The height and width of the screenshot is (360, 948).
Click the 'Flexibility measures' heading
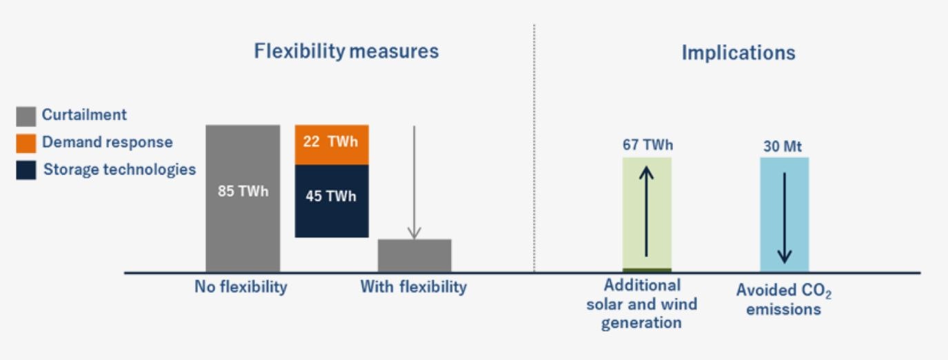coord(346,51)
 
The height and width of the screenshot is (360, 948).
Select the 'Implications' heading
coord(738,53)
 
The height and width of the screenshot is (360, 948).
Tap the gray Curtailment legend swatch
coord(26,117)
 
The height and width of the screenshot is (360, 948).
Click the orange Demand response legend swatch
coord(26,143)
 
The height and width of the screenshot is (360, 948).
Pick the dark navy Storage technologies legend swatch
coord(26,170)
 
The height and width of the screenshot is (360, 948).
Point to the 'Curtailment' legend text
coord(84,114)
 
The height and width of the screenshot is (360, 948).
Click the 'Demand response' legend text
coord(108,142)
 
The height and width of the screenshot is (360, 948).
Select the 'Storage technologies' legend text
coord(120,170)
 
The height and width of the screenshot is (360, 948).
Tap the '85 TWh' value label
coord(243,191)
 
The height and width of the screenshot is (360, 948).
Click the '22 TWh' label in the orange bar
coord(330,141)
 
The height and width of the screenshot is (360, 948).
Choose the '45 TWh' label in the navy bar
coord(331,196)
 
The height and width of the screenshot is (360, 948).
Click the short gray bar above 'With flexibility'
coord(414,255)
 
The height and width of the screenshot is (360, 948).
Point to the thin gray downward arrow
coord(414,183)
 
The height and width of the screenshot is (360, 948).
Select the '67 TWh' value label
coord(647,145)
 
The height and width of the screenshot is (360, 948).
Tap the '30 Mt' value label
coord(783,146)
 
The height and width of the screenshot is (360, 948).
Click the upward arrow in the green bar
coord(646,211)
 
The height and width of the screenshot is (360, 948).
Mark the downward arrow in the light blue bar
coord(784,218)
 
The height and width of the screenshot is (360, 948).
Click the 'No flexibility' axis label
coord(241,287)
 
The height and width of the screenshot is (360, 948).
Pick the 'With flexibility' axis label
coord(414,287)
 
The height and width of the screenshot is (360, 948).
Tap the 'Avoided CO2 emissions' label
coord(784,300)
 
